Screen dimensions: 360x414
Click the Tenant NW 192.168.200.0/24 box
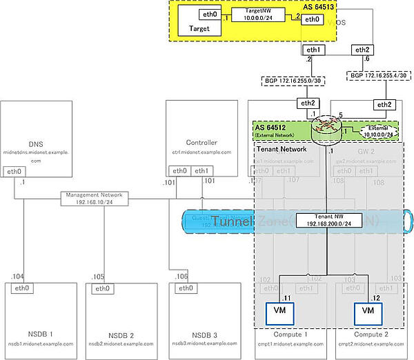pos(323,221)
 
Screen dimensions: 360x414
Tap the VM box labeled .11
pos(281,311)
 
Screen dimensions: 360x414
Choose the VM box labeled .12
pos(368,311)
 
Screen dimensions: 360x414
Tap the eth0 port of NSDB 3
pos(184,289)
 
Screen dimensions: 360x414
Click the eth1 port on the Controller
pos(201,171)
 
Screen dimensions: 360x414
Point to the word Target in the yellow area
pos(199,30)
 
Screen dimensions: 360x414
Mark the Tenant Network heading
pos(282,148)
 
